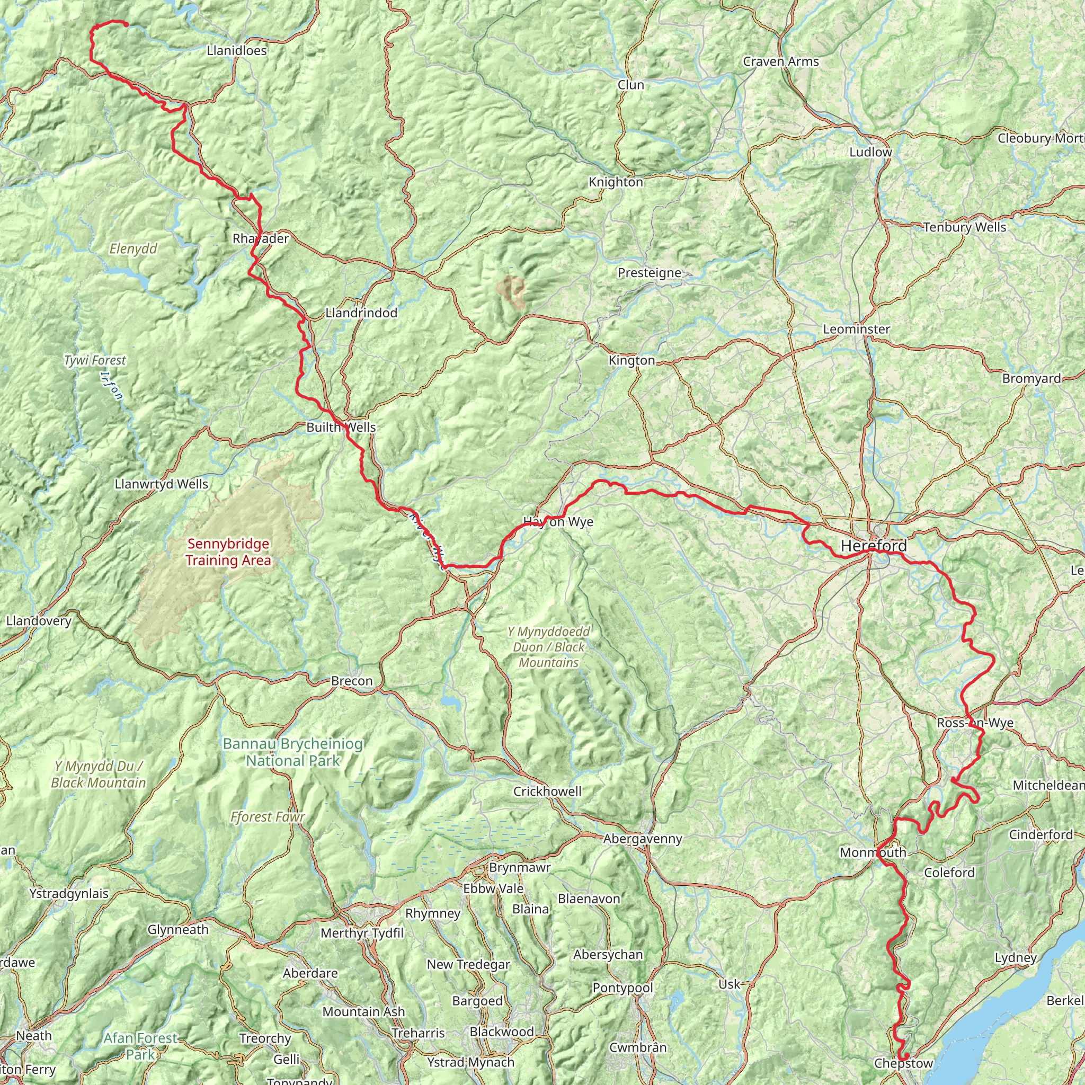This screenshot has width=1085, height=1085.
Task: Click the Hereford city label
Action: pyautogui.click(x=873, y=545)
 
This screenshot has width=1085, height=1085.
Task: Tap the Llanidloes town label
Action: pyautogui.click(x=236, y=50)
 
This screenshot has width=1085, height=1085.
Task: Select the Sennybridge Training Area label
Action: pyautogui.click(x=228, y=552)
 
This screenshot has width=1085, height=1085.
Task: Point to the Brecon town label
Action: pyautogui.click(x=352, y=681)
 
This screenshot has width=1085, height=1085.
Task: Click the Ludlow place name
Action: pyautogui.click(x=870, y=152)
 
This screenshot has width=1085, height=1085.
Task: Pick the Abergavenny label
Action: pyautogui.click(x=643, y=839)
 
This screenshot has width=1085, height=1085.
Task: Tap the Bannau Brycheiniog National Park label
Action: pyautogui.click(x=292, y=752)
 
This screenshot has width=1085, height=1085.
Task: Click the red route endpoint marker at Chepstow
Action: pyautogui.click(x=906, y=1056)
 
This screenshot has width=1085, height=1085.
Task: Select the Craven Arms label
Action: pyautogui.click(x=780, y=62)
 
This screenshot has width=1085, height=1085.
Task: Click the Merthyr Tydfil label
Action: pyautogui.click(x=362, y=933)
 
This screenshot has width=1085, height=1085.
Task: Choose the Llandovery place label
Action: pyautogui.click(x=39, y=620)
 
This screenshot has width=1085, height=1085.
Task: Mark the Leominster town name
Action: pyautogui.click(x=857, y=329)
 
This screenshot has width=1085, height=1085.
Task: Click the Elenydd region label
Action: pyautogui.click(x=133, y=249)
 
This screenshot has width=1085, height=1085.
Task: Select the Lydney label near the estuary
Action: pyautogui.click(x=1016, y=957)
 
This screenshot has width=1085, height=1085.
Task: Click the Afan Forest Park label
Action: pyautogui.click(x=140, y=1046)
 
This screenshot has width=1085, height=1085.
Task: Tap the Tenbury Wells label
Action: pyautogui.click(x=965, y=227)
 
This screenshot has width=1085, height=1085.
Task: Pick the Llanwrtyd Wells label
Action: pyautogui.click(x=161, y=484)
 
